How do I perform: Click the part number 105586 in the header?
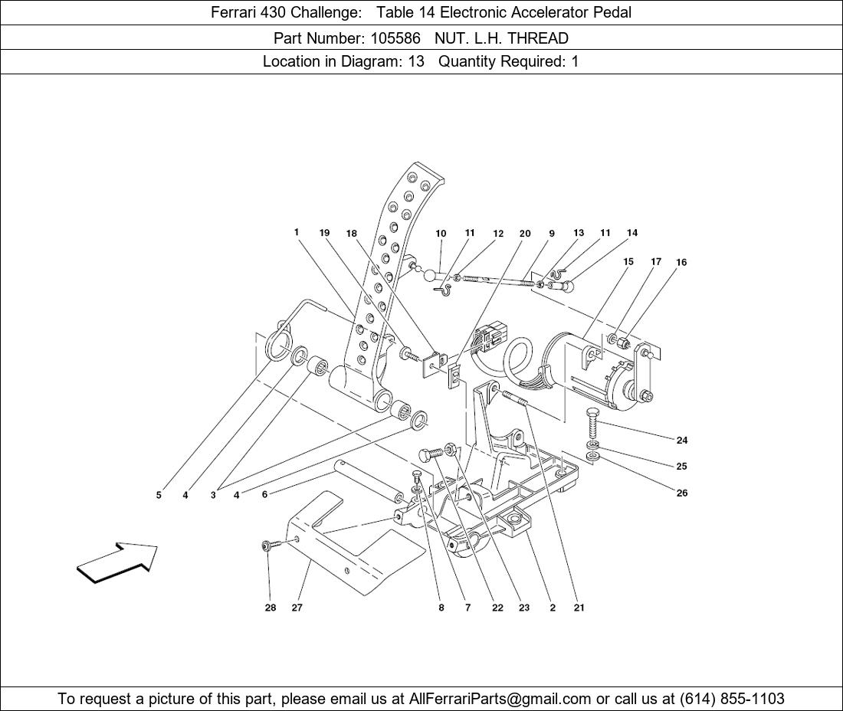coord(395,38)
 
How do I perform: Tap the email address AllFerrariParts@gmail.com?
coord(500,699)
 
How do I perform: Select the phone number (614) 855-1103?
coord(732,699)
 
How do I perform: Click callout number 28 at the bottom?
coord(271,608)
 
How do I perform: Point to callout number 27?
coord(297,608)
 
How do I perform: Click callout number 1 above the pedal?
coord(297,232)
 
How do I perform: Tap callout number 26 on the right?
coord(682,493)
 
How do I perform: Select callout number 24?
coord(682,440)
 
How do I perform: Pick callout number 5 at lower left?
coord(159,495)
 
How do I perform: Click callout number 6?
coord(264,494)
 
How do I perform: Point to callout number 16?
coord(681,262)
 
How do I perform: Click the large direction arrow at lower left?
coord(117,562)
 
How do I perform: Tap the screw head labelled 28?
coord(267,546)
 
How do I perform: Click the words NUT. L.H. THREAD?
coord(501,38)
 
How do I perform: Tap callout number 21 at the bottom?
coord(579,608)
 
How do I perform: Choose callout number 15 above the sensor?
coord(628,262)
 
